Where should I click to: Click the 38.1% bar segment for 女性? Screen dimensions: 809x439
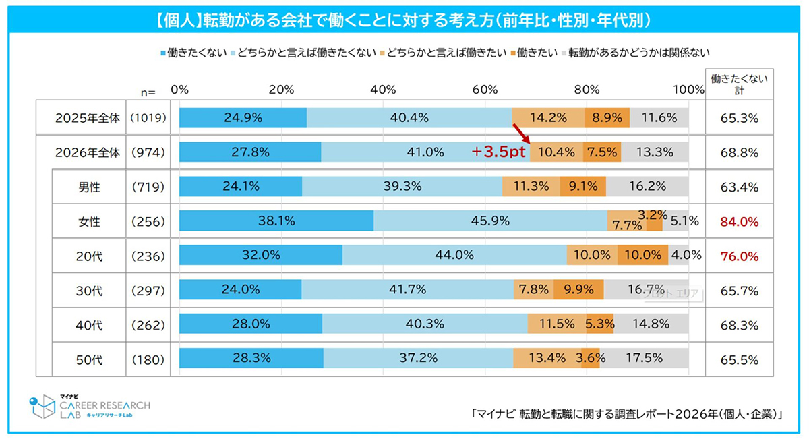coord(276,221)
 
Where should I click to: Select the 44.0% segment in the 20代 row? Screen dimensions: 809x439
coord(454,255)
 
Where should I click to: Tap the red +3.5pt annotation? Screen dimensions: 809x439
coord(498,152)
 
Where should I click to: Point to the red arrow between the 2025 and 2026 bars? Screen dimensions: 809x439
coord(521,134)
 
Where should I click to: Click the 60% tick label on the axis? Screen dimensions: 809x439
coord(485,90)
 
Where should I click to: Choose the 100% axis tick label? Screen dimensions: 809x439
coord(688,90)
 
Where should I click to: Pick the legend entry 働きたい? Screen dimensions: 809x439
coord(534,53)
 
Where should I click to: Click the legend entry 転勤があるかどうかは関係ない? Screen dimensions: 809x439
coord(636,53)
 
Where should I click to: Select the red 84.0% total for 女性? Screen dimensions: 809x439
coord(740,222)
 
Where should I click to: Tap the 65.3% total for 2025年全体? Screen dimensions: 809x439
coord(740,118)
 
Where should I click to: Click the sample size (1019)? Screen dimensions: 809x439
coord(148,118)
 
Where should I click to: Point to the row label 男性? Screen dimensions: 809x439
coord(89,187)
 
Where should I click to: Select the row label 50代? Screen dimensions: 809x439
coord(89,360)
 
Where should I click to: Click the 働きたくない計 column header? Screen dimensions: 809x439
coord(740,84)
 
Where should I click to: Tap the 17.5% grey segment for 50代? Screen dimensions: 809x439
coord(644,358)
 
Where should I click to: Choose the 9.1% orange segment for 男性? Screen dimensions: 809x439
coord(583,186)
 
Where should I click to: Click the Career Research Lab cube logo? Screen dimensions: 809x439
coord(42,407)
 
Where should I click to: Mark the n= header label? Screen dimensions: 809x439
coord(148,92)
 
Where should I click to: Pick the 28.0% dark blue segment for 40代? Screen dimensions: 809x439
coord(251,324)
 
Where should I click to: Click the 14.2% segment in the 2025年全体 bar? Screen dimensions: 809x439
coord(548,118)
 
